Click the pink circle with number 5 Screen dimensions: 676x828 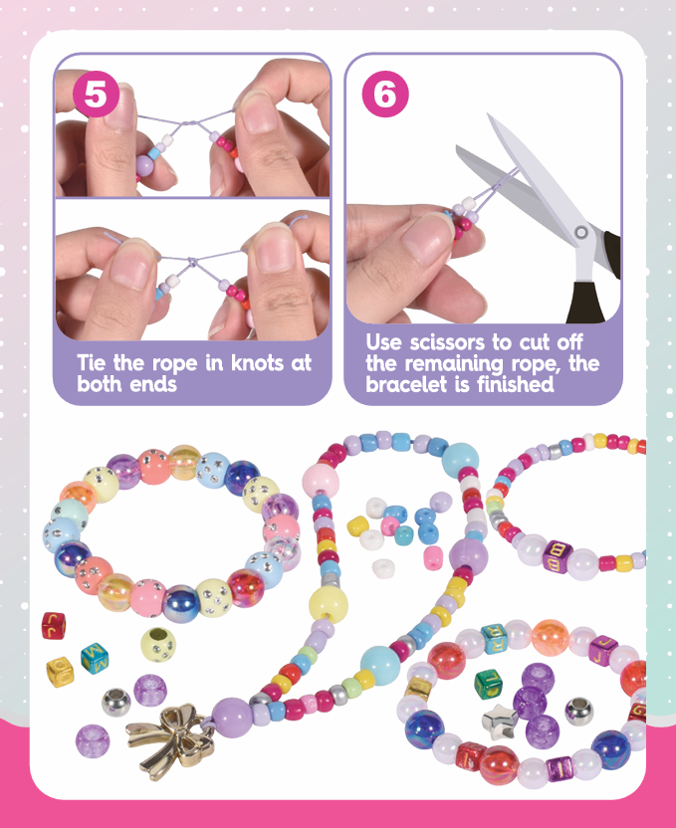tap(96, 94)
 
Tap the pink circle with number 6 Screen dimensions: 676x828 tap(385, 94)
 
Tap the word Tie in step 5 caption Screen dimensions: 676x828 tap(92, 363)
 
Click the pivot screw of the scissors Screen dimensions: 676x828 tap(581, 232)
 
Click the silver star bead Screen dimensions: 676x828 tap(499, 721)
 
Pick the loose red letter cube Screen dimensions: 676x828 tap(54, 625)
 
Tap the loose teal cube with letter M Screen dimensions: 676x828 tap(95, 659)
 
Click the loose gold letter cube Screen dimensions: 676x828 tap(60, 671)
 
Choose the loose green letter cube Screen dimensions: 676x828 tap(488, 684)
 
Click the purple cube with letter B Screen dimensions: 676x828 tap(558, 556)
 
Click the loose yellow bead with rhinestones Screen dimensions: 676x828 tap(158, 645)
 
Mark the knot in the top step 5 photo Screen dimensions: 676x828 tap(188, 124)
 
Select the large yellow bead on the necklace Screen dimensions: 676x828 tap(328, 604)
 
